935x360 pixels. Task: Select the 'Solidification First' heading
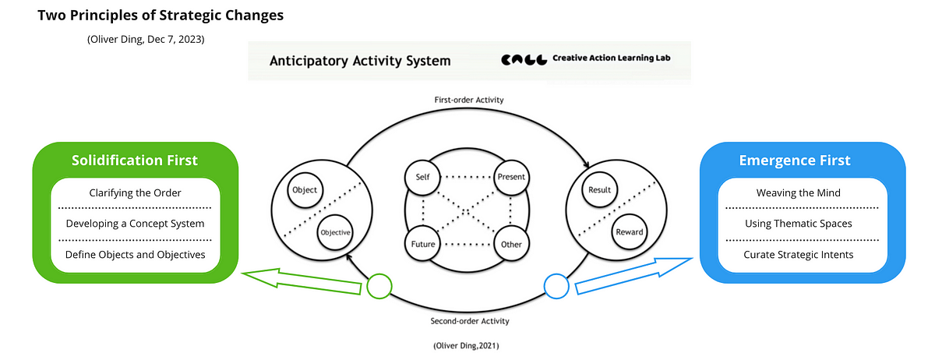pyautogui.click(x=135, y=161)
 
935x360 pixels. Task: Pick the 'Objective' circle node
pyautogui.click(x=335, y=232)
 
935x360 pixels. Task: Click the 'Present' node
pyautogui.click(x=511, y=177)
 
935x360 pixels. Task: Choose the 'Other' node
pyautogui.click(x=511, y=243)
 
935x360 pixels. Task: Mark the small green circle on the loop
pyautogui.click(x=379, y=287)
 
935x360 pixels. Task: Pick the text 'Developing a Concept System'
pyautogui.click(x=136, y=224)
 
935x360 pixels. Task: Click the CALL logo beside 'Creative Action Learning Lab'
pyautogui.click(x=524, y=60)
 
